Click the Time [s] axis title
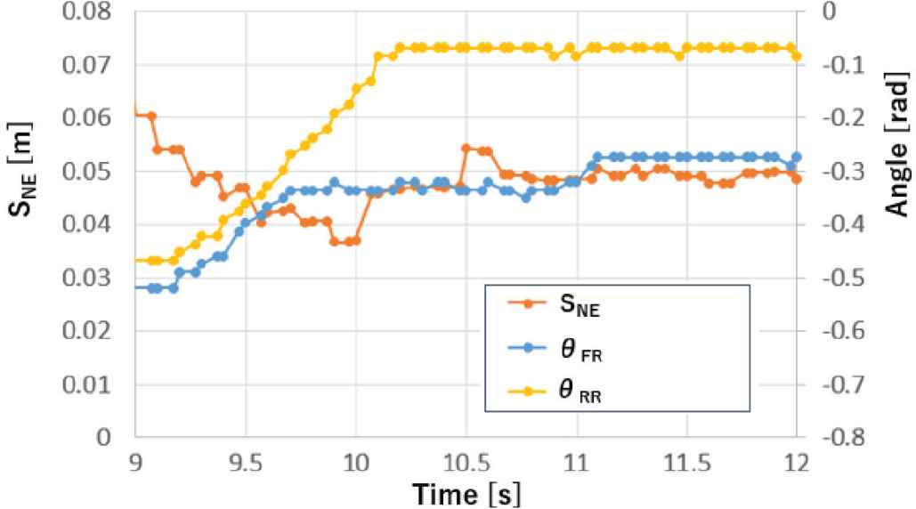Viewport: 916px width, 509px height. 466,491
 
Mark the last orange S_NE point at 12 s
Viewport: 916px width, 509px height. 797,179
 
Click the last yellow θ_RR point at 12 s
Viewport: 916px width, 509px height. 797,56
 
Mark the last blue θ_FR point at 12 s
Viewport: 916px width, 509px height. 797,157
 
